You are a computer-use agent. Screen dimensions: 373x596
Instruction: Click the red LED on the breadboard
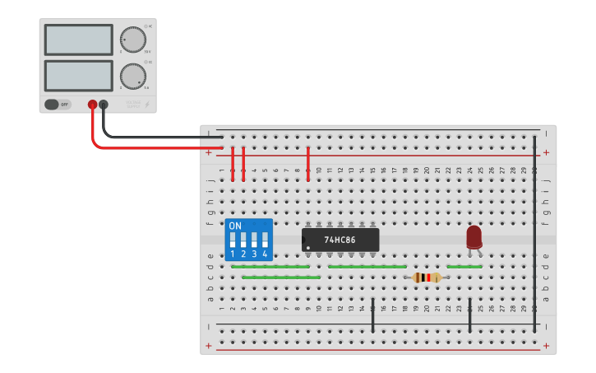(x=474, y=237)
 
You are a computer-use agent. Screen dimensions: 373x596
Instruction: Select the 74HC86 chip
(x=340, y=240)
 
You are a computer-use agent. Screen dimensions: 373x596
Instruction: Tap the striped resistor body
(x=426, y=277)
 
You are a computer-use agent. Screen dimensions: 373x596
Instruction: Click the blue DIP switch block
(x=248, y=240)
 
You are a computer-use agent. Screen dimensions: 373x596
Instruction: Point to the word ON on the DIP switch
(x=235, y=226)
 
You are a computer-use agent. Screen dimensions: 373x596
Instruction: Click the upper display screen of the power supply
(x=79, y=40)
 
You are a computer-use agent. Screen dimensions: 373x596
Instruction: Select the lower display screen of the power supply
(x=79, y=76)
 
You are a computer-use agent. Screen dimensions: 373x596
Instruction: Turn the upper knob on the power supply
(x=132, y=40)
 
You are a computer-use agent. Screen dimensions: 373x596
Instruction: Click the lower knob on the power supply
(x=132, y=76)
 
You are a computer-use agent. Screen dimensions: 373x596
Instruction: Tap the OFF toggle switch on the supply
(x=58, y=105)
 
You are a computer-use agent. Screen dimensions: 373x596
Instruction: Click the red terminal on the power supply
(x=92, y=105)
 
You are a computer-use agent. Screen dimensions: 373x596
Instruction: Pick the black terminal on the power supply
(x=104, y=105)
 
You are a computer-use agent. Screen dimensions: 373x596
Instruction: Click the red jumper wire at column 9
(x=308, y=163)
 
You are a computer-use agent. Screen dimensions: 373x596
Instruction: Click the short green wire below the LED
(x=464, y=267)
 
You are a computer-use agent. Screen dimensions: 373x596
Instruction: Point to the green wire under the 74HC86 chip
(x=367, y=267)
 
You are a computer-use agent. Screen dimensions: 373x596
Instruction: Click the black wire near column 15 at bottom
(x=372, y=316)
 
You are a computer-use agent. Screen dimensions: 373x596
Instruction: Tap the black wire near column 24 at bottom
(x=469, y=316)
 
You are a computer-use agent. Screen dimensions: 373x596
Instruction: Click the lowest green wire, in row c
(x=281, y=277)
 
